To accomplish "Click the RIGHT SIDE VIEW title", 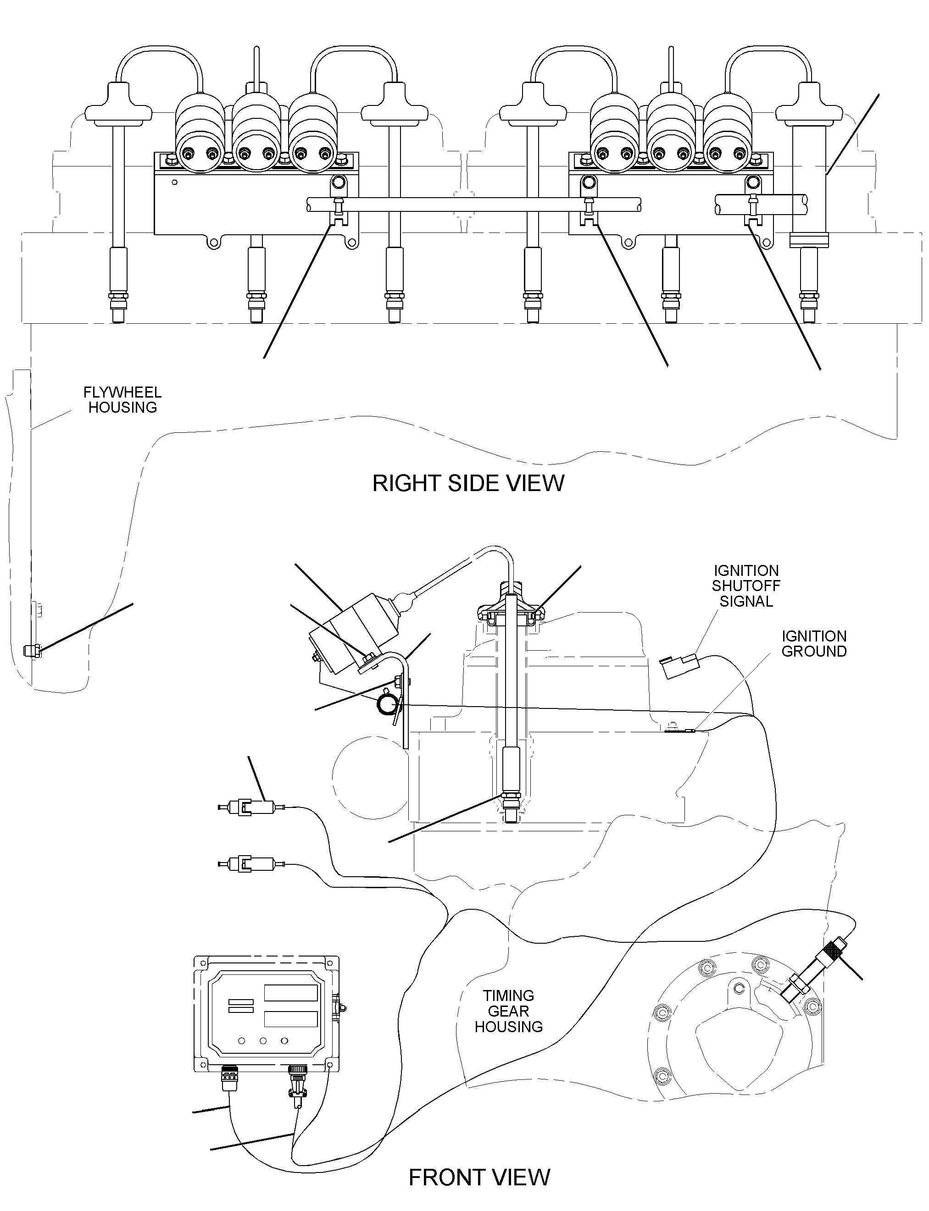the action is [468, 483].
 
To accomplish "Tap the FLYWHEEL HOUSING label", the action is [122, 399].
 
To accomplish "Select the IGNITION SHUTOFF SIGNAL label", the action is [746, 586].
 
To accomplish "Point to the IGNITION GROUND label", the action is [814, 644].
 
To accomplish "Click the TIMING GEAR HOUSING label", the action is [509, 1011].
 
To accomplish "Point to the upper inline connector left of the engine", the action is [251, 808].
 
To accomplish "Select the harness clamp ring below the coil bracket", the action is [387, 706].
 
